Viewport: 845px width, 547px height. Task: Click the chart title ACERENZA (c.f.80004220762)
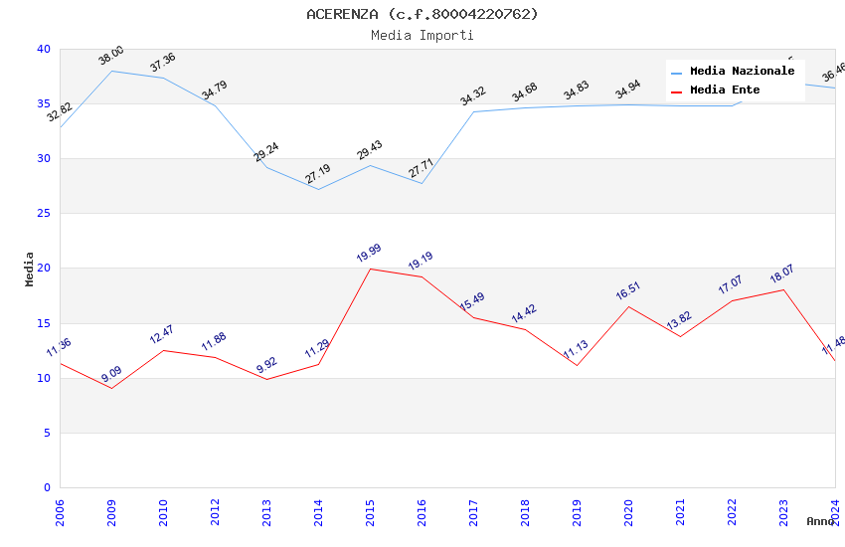click(x=422, y=14)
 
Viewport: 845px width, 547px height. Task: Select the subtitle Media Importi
click(x=422, y=36)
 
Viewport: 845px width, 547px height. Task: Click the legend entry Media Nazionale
click(x=742, y=72)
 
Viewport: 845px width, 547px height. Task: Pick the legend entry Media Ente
click(x=725, y=91)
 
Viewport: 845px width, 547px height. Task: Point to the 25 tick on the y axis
click(x=44, y=214)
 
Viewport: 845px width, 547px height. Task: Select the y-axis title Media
click(x=30, y=269)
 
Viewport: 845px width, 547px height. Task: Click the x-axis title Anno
click(x=820, y=521)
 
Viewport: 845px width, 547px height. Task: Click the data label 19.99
click(x=369, y=254)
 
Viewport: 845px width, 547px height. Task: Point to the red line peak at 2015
click(x=370, y=269)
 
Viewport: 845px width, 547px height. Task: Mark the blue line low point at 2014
click(x=318, y=189)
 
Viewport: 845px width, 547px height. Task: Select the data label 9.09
click(x=111, y=374)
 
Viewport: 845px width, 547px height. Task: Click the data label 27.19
click(x=318, y=175)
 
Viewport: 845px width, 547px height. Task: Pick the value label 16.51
click(x=628, y=291)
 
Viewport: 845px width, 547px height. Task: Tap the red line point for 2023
click(x=783, y=289)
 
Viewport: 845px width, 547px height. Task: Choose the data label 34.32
click(x=473, y=96)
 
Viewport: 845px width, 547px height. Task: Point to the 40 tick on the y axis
click(x=44, y=49)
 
